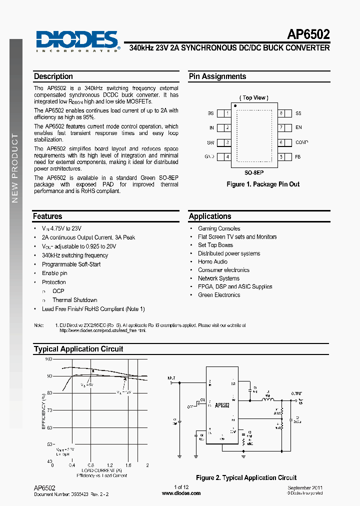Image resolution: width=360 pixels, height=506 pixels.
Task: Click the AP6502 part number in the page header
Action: (308, 34)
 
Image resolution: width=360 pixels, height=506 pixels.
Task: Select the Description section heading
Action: (53, 76)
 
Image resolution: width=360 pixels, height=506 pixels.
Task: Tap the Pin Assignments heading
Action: (217, 76)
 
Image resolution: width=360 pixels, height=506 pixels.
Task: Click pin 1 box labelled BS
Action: (227, 113)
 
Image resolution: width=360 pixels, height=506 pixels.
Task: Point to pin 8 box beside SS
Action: (282, 113)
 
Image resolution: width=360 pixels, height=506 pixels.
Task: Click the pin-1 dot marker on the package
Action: (234, 105)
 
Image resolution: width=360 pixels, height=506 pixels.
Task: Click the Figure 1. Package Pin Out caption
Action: (263, 184)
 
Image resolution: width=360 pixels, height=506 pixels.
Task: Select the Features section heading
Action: (48, 216)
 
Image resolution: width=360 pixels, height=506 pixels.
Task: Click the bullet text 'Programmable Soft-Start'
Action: (71, 264)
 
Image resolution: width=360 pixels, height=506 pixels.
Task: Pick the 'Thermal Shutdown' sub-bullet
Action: (74, 300)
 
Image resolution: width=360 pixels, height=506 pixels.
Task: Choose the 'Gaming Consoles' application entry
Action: (219, 228)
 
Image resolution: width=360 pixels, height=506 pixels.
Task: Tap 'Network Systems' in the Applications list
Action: (218, 278)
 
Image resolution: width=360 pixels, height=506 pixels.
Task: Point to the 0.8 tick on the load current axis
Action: (90, 465)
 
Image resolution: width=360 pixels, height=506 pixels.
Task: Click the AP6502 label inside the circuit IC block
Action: (222, 405)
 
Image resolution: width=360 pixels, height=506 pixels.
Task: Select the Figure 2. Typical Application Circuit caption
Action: (246, 478)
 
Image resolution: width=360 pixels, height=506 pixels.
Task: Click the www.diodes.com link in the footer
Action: (181, 493)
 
